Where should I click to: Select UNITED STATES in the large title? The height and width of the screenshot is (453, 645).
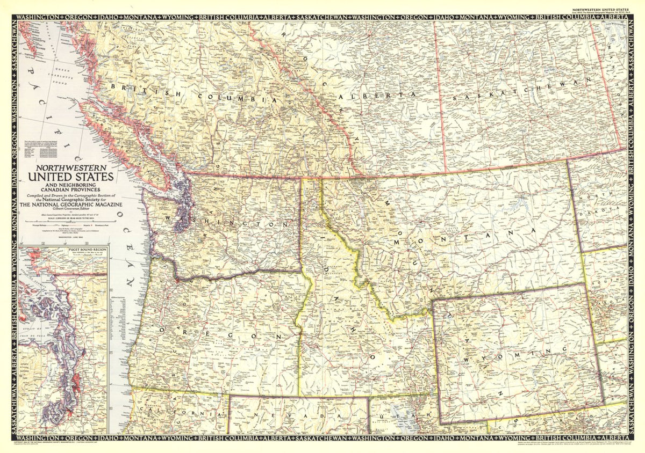(70, 176)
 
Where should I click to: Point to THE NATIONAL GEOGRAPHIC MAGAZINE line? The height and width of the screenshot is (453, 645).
(71, 205)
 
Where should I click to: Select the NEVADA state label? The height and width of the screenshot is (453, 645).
(298, 416)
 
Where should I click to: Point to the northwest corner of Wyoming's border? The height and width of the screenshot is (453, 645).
(433, 299)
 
